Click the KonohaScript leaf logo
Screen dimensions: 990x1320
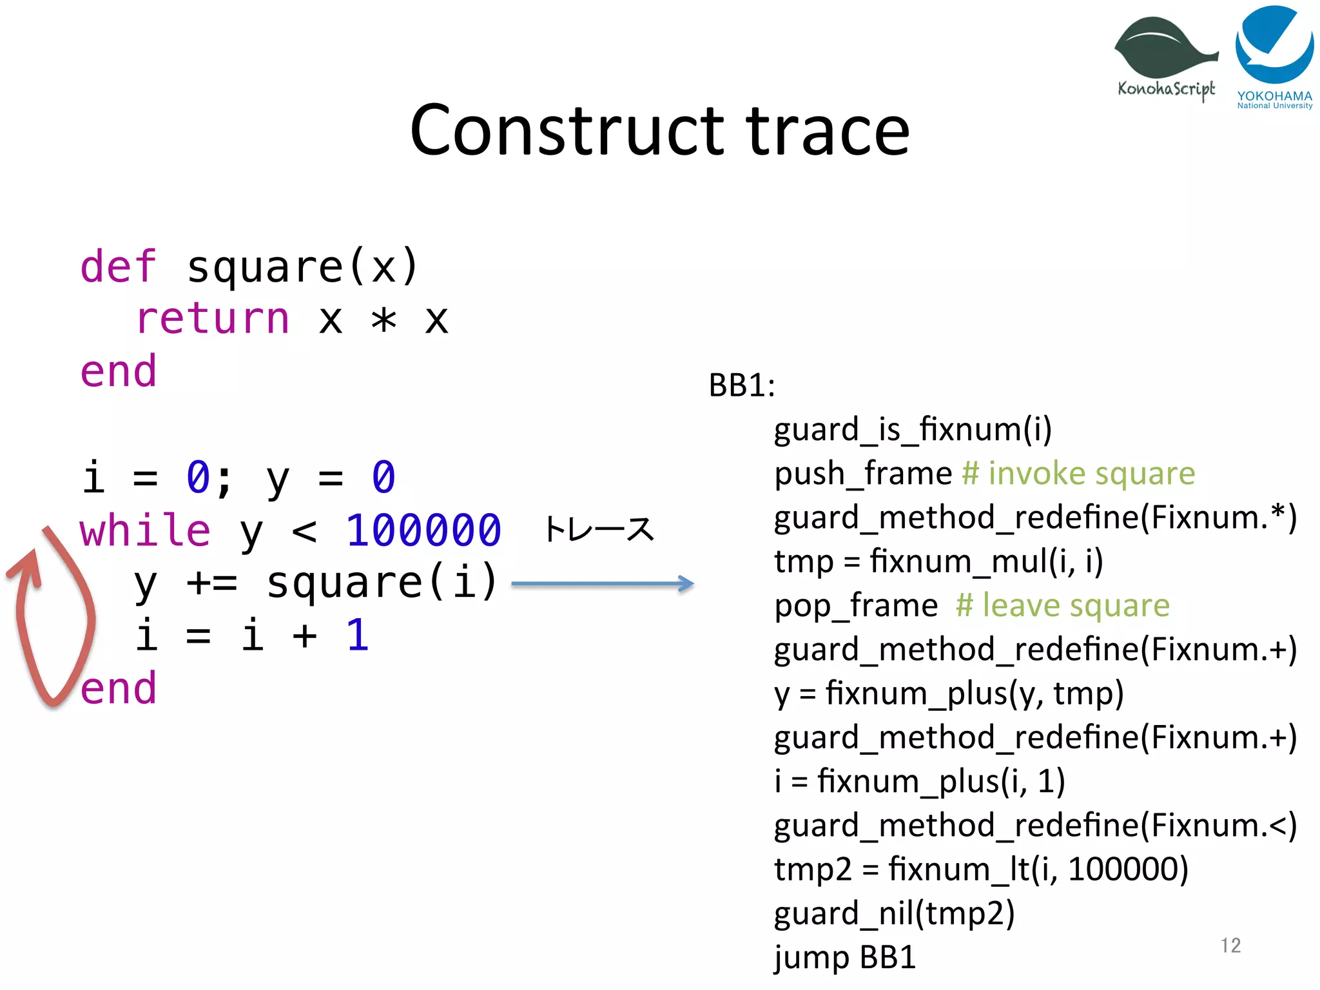[x=1165, y=55]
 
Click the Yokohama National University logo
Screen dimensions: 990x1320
[x=1274, y=55]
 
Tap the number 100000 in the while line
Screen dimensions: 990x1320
[x=423, y=530]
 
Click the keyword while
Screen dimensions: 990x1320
[x=145, y=530]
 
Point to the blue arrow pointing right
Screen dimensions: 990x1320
[x=602, y=584]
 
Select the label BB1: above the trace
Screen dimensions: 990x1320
[x=742, y=385]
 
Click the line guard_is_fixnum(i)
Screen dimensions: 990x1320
[x=913, y=429]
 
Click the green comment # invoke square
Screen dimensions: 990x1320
[x=1078, y=474]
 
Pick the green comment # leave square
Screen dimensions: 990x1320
[x=1062, y=605]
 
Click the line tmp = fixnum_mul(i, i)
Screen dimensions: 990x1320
[x=938, y=561]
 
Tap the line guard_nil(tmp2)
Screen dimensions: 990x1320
[x=894, y=913]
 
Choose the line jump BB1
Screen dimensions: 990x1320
[x=844, y=957]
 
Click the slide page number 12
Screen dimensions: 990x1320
[x=1230, y=945]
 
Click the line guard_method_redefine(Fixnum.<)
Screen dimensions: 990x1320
[x=1035, y=826]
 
